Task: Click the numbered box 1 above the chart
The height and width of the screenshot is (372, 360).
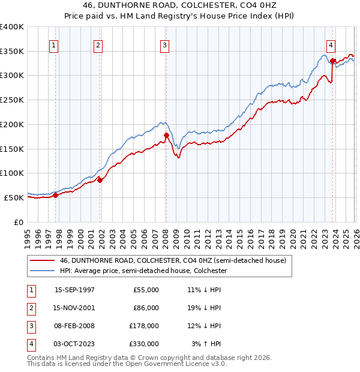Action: (54, 44)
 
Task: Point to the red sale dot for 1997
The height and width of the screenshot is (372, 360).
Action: (56, 195)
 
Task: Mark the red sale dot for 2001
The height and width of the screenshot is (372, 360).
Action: (100, 179)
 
